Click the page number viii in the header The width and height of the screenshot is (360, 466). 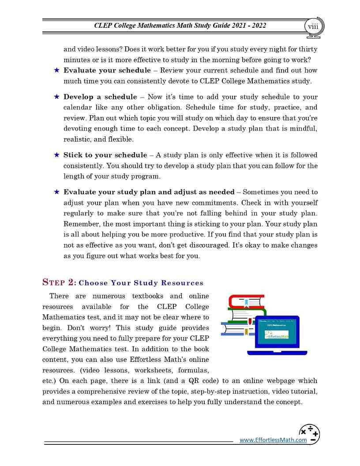click(313, 26)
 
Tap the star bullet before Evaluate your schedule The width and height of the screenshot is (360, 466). click(56, 70)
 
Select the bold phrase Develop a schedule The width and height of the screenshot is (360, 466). click(100, 97)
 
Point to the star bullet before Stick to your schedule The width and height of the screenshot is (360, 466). click(56, 155)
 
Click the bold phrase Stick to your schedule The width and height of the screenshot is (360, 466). click(105, 155)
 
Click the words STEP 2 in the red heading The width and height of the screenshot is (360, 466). click(59, 282)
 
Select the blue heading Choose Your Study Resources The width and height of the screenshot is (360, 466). click(141, 283)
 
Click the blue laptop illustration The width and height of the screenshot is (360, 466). click(277, 335)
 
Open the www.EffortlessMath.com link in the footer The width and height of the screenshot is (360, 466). click(273, 440)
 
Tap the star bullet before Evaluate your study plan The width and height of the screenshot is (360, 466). click(56, 192)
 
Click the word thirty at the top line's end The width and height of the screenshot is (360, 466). click(308, 49)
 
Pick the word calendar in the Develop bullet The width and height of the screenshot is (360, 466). click(78, 108)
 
